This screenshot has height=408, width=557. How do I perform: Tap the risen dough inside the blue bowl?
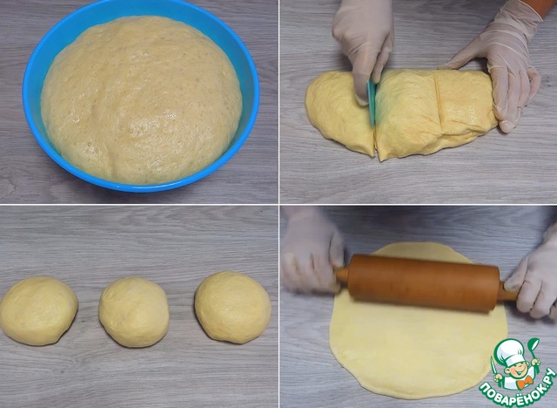coord(141,99)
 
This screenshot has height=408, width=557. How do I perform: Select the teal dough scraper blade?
coord(372,101)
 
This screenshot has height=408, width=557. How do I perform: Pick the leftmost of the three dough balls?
coord(38,311)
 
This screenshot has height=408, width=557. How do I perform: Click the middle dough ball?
coord(134,311)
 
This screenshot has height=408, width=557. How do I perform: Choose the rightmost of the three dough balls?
coord(232,308)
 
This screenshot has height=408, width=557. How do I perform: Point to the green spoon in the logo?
coord(534,350)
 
